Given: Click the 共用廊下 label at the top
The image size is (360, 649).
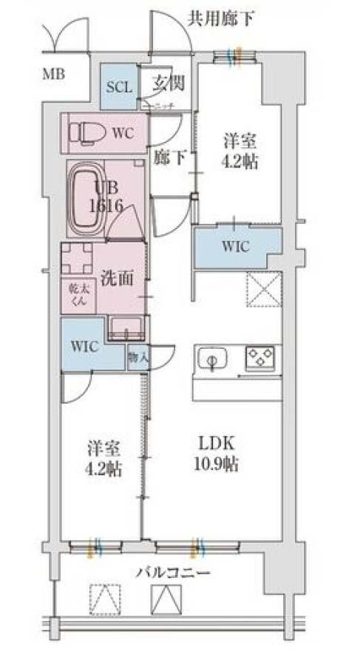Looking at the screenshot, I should pyautogui.click(x=220, y=18).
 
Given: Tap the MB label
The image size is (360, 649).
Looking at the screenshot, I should pyautogui.click(x=52, y=74).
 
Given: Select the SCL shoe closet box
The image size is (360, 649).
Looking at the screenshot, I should pyautogui.click(x=118, y=86).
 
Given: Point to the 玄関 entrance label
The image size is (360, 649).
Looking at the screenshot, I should pyautogui.click(x=167, y=83).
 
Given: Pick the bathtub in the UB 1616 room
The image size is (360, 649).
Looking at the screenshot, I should pyautogui.click(x=89, y=199).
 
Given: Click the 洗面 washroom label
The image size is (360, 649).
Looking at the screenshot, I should pyautogui.click(x=117, y=278).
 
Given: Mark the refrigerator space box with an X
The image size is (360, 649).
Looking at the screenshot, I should pyautogui.click(x=263, y=289).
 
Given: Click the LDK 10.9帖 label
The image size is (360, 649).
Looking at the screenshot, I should pyautogui.click(x=214, y=453).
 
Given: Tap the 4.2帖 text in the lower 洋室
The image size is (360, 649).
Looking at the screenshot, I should pyautogui.click(x=103, y=469).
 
